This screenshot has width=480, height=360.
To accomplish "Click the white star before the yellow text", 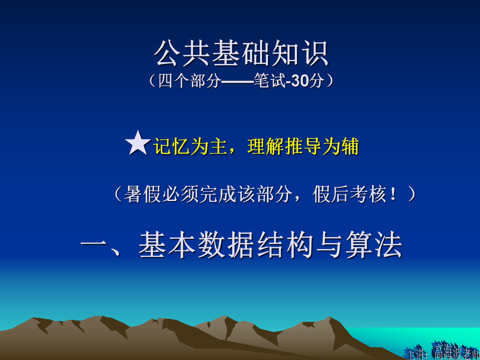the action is [138, 143].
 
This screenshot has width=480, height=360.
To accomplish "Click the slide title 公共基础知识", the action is [241, 53].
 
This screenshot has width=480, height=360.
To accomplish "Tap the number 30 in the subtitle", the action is [299, 81].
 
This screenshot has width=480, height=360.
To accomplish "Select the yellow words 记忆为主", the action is [190, 146].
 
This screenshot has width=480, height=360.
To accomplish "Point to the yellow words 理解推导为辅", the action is [303, 146].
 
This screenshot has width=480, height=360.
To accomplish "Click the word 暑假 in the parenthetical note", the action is [143, 194].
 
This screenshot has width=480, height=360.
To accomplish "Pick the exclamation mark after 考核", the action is [393, 195].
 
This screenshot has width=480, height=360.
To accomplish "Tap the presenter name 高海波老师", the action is [456, 351].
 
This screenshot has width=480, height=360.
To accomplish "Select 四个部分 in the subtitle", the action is [190, 81].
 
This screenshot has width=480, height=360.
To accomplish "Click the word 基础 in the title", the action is [241, 53].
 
